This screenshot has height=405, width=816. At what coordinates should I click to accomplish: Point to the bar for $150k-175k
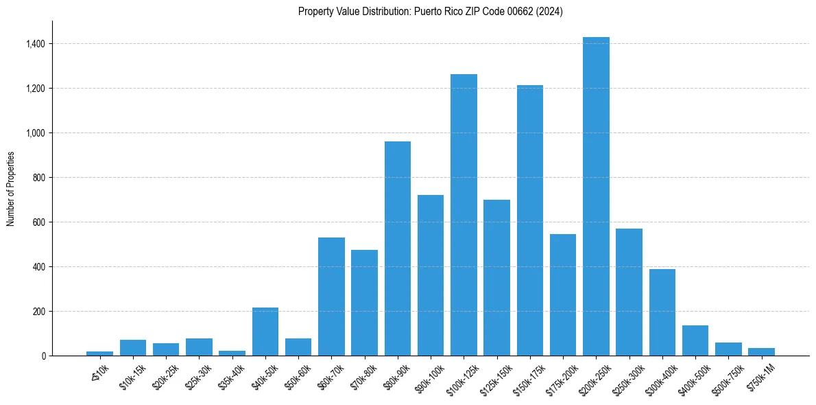pos(530,220)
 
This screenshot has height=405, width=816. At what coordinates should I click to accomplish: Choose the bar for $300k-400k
pos(662,312)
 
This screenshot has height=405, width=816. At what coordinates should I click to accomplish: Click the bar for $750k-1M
pos(761,351)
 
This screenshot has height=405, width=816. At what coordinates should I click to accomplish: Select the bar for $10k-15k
pos(133,347)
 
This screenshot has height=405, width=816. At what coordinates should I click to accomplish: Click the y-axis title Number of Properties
pos(10,189)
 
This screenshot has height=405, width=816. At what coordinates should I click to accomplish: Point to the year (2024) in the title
pos(549,12)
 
